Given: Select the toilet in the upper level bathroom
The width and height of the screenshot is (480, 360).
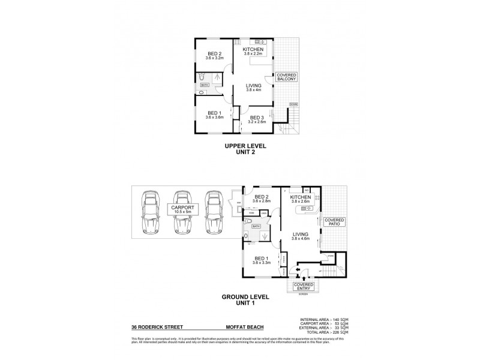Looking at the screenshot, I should tap(202, 77).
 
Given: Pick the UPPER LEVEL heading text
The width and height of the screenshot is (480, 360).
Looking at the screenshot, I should tap(245, 146).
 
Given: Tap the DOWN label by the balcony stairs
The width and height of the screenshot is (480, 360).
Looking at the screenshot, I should tap(293, 104).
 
